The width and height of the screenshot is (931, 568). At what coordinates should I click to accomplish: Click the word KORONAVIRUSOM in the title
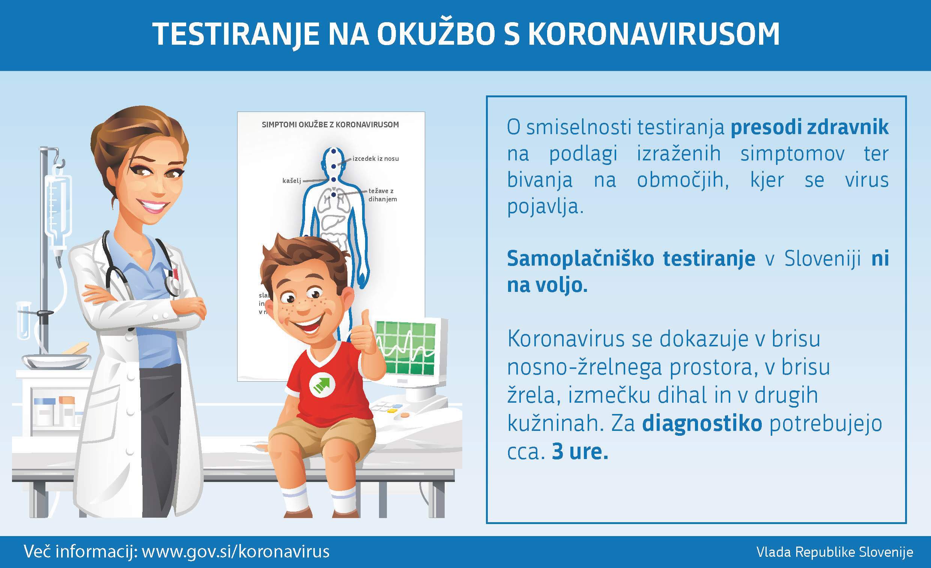click(654, 34)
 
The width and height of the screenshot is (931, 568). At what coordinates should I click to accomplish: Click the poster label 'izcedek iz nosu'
click(376, 159)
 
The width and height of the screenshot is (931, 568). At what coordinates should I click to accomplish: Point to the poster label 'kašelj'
click(292, 181)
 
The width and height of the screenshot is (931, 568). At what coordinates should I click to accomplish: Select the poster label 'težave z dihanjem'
click(383, 195)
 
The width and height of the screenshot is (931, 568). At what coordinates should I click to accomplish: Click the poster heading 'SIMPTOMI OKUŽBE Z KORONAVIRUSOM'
click(330, 124)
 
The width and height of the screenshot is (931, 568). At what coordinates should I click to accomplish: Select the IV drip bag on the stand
click(58, 210)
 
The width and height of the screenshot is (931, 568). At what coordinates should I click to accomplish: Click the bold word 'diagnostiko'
click(702, 423)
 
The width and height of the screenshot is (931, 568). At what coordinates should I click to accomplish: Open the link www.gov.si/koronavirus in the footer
click(235, 552)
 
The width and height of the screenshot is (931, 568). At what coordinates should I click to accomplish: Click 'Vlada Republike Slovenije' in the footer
click(835, 552)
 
